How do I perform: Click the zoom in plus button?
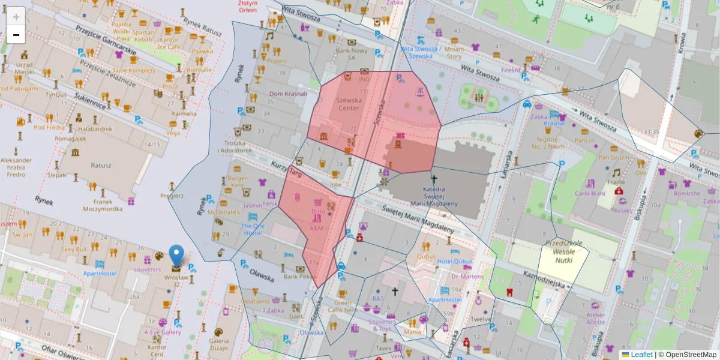(x=16, y=16)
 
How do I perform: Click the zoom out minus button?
(x=16, y=35)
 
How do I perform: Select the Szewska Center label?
(x=349, y=104)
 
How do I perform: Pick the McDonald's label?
(x=224, y=212)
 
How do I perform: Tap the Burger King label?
(x=237, y=182)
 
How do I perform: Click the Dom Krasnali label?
(x=288, y=94)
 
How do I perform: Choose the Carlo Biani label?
(x=588, y=193)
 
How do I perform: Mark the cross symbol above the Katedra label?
(x=434, y=179)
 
